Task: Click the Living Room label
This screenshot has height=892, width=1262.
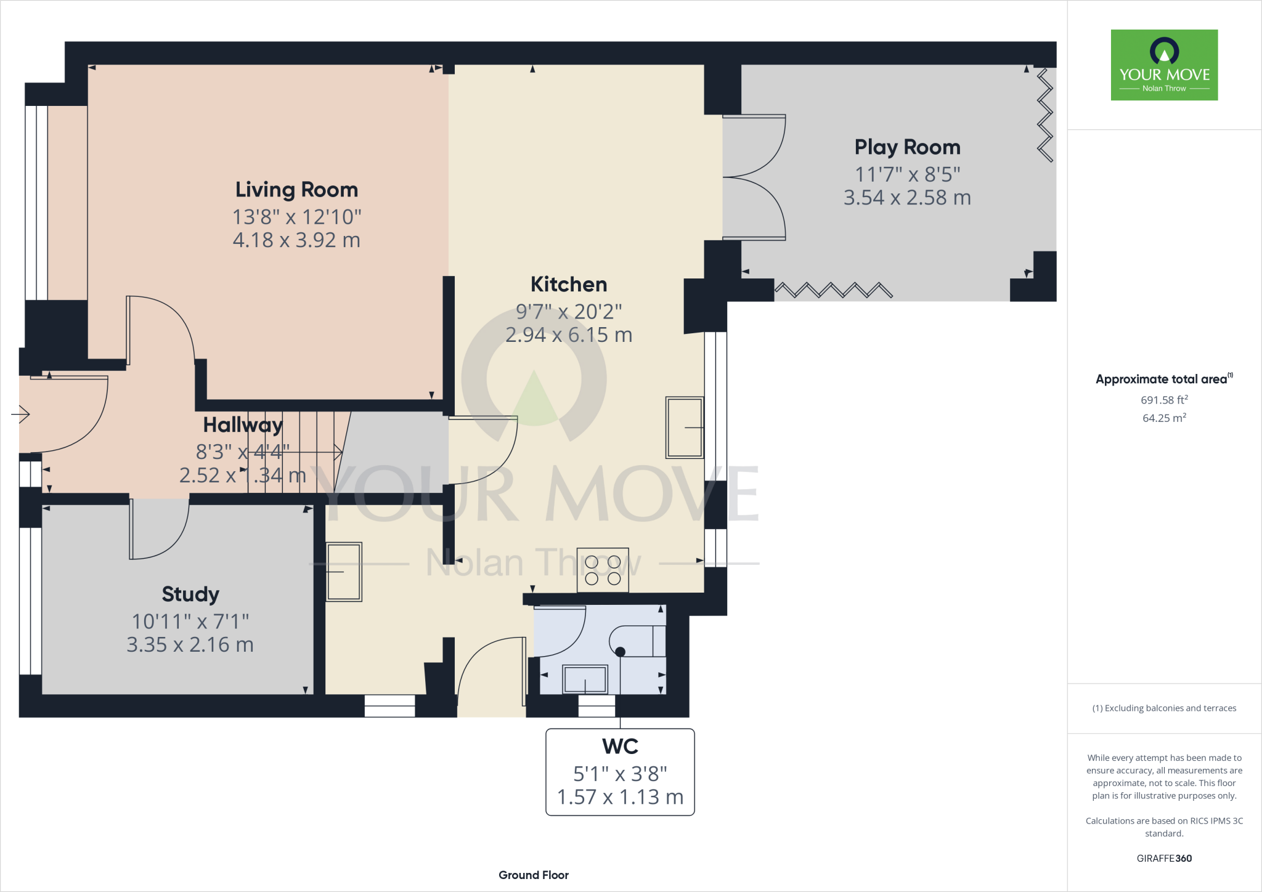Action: point(296,190)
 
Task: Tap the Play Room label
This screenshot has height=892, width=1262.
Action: point(907,147)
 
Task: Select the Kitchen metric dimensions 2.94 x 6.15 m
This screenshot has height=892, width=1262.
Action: point(569,335)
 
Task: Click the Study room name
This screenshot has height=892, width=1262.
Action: point(190,594)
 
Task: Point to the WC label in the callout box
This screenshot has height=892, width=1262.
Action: point(620,747)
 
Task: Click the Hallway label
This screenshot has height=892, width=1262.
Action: point(243,425)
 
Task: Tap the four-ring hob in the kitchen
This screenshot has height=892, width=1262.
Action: point(603,570)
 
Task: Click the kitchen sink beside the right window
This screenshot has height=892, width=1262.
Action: point(684,427)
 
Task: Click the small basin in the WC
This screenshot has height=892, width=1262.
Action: point(585,679)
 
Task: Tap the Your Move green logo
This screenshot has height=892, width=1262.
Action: point(1164,65)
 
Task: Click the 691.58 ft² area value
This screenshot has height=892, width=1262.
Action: point(1164,400)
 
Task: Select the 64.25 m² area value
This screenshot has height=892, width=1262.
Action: point(1164,418)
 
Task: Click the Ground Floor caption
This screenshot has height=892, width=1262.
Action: point(533,875)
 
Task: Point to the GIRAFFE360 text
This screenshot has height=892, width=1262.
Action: point(1164,859)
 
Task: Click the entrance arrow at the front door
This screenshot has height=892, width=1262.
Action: point(21,415)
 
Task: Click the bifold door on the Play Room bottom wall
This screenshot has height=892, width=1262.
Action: point(833,290)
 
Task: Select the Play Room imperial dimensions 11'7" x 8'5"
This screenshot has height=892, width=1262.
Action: point(907,175)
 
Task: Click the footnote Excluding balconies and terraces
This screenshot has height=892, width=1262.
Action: point(1164,708)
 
